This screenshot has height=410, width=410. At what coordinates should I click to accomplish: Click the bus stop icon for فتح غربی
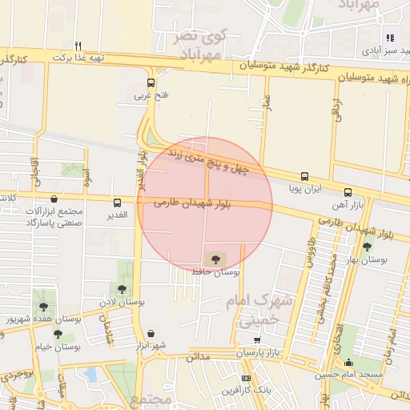[151, 82]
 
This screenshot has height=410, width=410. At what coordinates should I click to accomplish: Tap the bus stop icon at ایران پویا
[304, 176]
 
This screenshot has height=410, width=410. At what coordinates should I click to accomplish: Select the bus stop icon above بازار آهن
[348, 193]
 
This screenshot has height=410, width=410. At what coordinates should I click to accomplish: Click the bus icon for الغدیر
[118, 203]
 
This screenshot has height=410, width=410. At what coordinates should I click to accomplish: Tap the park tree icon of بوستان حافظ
[214, 259]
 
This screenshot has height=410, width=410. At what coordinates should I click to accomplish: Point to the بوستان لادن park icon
[123, 289]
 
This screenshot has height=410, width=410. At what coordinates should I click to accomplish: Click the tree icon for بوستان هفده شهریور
[42, 306]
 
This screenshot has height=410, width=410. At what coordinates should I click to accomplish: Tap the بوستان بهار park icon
[367, 247]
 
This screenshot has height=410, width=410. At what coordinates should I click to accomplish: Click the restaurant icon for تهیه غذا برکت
[78, 46]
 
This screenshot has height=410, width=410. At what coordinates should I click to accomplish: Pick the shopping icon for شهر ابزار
[151, 333]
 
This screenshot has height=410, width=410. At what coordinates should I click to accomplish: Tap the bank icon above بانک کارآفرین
[246, 378]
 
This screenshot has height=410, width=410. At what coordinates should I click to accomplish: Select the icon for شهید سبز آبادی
[390, 37]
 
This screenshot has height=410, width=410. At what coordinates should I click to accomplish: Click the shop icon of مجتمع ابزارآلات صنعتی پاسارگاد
[54, 199]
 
